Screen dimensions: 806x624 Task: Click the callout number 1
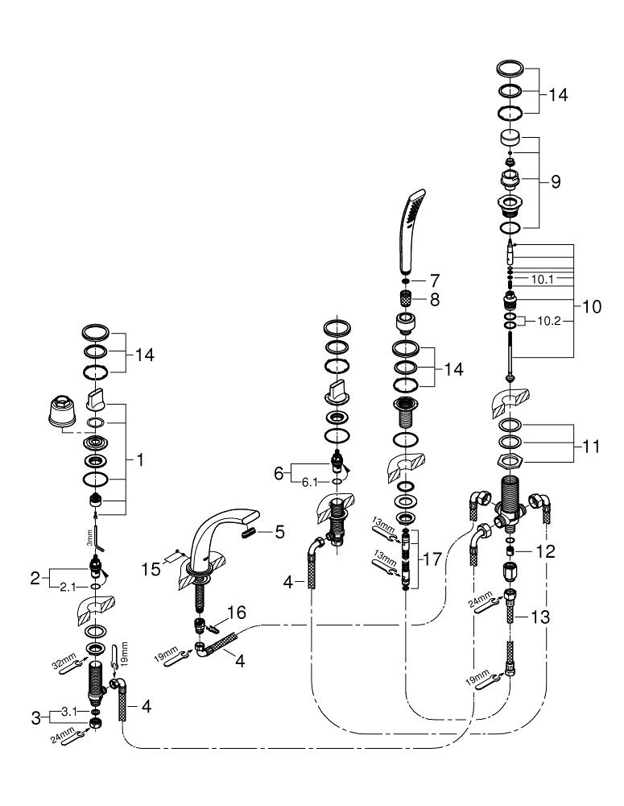[142, 460]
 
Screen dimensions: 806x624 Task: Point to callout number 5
[279, 532]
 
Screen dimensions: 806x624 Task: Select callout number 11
[592, 445]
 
